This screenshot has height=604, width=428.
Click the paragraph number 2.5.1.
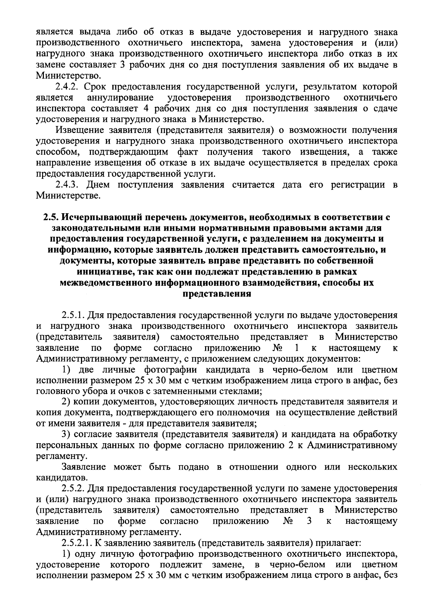(73, 316)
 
